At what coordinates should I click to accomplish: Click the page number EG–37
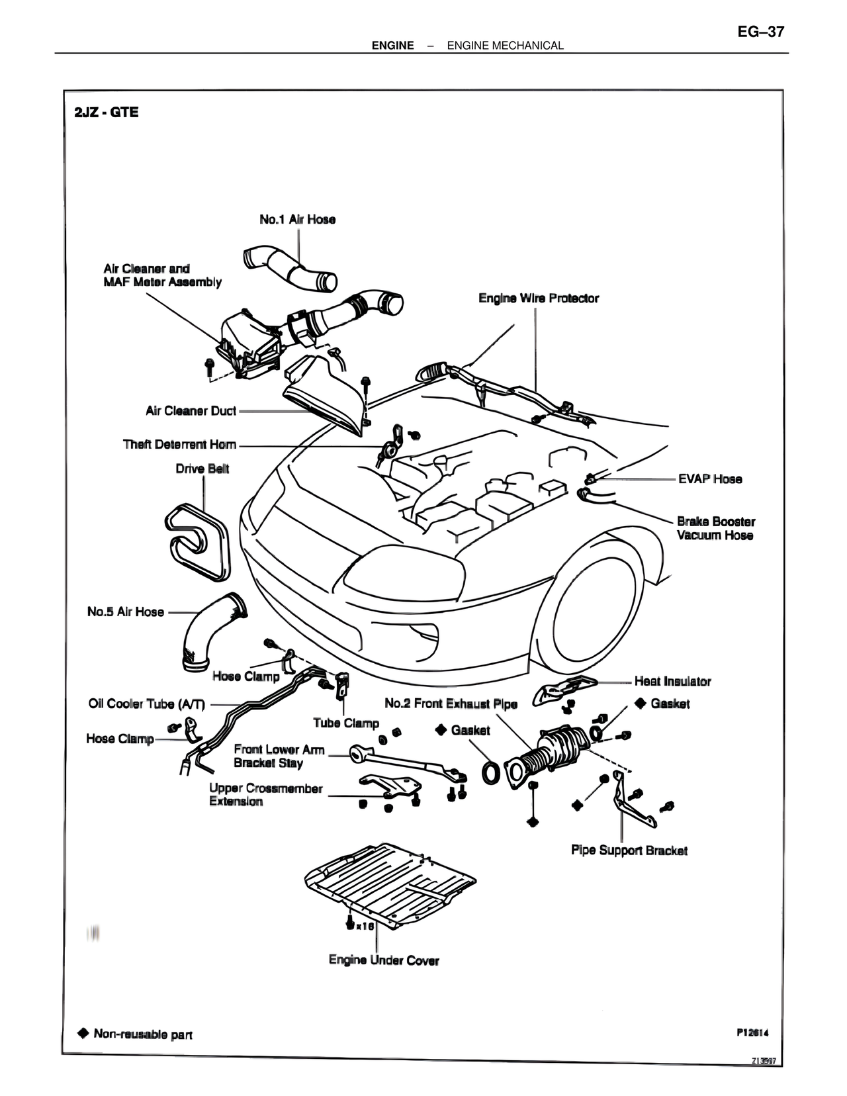760,31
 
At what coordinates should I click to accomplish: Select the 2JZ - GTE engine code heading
107,112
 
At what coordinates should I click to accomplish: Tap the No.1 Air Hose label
297,219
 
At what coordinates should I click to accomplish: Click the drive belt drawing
196,537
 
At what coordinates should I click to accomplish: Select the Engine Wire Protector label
539,298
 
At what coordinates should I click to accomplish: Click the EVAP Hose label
710,479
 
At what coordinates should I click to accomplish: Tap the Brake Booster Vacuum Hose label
715,528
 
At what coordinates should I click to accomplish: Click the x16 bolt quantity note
365,927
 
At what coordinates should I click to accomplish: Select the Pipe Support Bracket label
629,850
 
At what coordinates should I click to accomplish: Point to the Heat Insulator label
672,681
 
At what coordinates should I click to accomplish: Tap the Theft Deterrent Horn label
179,444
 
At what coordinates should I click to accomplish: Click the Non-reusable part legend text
142,1034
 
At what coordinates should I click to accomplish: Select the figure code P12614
751,1032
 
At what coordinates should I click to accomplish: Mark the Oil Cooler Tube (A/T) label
147,704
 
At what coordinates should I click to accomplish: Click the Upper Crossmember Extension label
265,795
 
